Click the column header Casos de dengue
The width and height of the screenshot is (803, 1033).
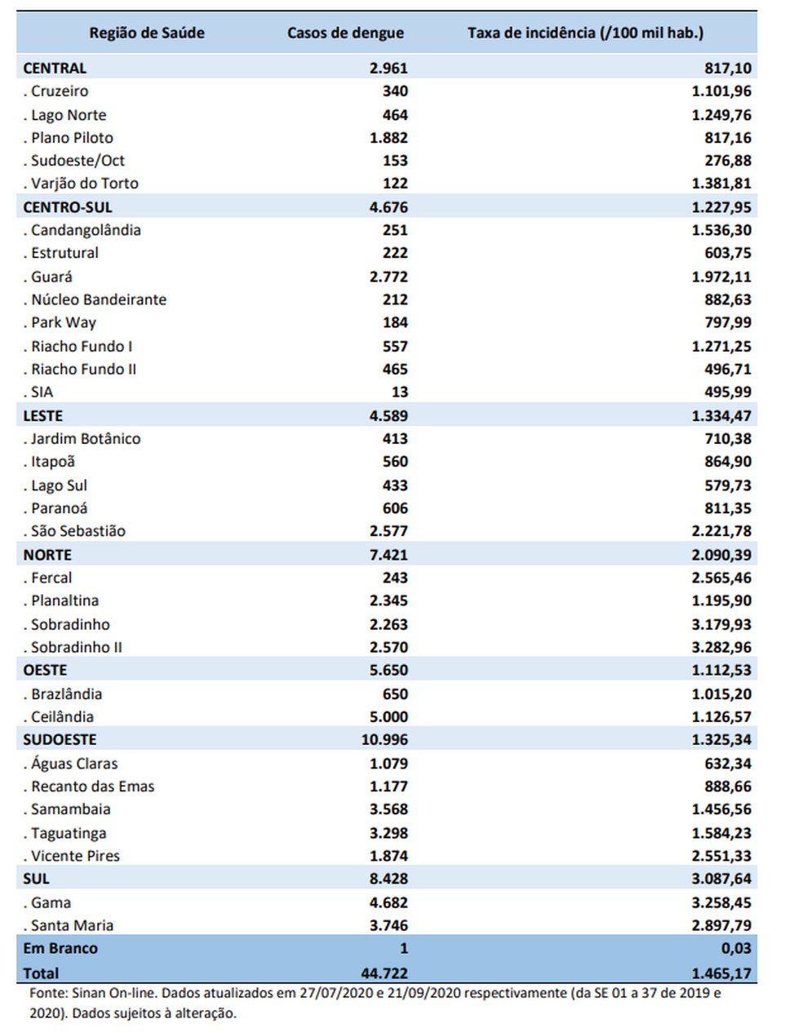pyautogui.click(x=345, y=33)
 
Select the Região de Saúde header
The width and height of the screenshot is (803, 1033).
pyautogui.click(x=147, y=33)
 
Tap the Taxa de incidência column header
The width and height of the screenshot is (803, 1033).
pyautogui.click(x=585, y=33)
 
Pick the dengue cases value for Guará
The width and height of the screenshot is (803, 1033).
pyautogui.click(x=388, y=277)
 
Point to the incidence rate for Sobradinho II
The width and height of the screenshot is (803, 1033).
pyautogui.click(x=721, y=647)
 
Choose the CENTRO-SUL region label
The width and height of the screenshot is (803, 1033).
pyautogui.click(x=68, y=207)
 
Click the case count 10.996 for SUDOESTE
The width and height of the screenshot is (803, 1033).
pyautogui.click(x=384, y=739)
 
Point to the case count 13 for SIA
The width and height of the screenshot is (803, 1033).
pyautogui.click(x=400, y=392)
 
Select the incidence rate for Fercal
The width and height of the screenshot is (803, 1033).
pyautogui.click(x=721, y=578)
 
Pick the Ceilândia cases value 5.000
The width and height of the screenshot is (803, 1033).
pyautogui.click(x=388, y=716)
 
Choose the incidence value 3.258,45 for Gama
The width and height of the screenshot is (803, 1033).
pyautogui.click(x=721, y=902)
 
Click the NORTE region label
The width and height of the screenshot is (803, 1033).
pyautogui.click(x=47, y=555)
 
